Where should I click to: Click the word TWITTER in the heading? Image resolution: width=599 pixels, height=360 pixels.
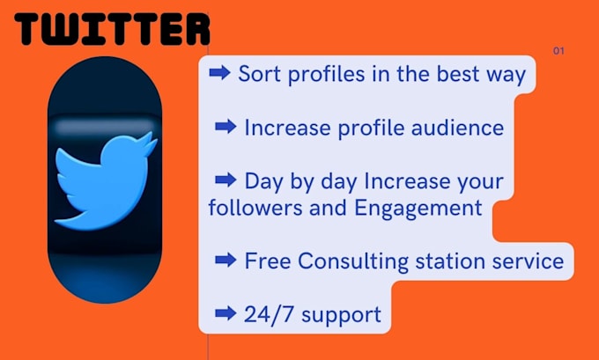(113, 28)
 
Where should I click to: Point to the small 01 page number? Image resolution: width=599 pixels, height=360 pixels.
(558, 51)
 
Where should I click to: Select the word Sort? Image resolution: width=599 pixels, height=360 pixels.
(260, 74)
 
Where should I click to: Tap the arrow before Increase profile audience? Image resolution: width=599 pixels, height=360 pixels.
(226, 128)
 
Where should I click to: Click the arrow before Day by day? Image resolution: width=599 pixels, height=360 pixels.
(226, 181)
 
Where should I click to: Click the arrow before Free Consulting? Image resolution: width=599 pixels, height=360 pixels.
(226, 261)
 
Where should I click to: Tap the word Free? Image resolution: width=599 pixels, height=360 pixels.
(269, 261)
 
